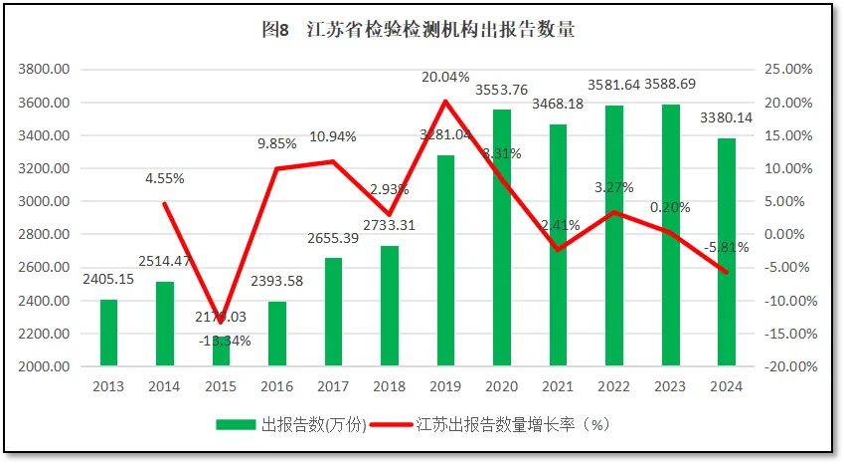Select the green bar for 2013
tap(108, 333)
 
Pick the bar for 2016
tap(277, 334)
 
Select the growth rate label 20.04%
tap(444, 77)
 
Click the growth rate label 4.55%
tap(164, 179)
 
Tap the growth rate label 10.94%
tap(332, 136)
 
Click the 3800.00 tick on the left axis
tap(44, 70)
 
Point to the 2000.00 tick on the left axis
tap(44, 366)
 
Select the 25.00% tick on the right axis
tap(785, 70)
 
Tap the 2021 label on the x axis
tap(558, 386)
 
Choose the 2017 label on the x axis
tap(333, 386)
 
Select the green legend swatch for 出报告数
tap(237, 425)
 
